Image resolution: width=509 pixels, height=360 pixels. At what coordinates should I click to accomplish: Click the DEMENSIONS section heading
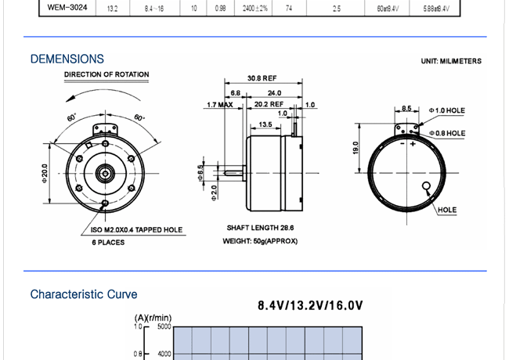(67, 59)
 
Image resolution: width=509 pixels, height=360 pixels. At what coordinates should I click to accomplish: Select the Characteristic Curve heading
(84, 294)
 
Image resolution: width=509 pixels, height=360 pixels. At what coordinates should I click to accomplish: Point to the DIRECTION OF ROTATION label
(106, 75)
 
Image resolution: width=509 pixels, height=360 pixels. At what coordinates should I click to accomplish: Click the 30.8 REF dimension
(262, 78)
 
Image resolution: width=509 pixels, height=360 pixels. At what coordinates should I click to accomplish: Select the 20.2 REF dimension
(269, 104)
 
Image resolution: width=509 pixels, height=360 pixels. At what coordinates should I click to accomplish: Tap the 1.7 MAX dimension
(220, 104)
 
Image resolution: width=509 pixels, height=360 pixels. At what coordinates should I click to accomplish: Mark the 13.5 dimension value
(264, 124)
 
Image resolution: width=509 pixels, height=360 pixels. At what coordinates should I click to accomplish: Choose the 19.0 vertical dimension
(356, 148)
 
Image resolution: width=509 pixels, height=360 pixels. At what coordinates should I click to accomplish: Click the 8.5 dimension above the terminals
(406, 108)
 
